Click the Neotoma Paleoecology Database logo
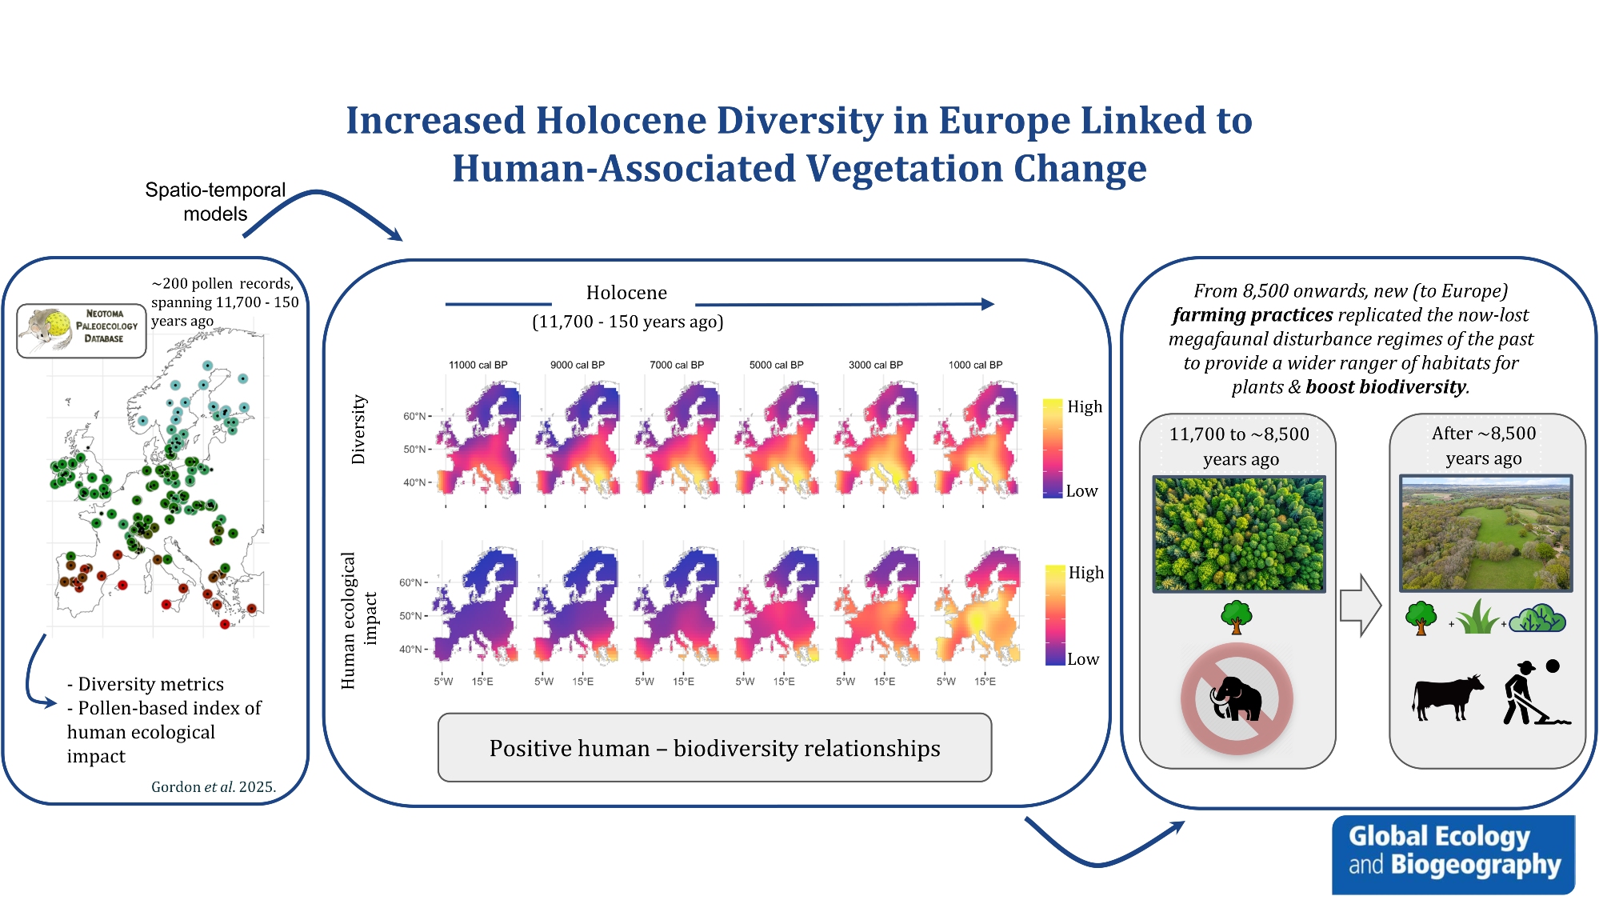[82, 330]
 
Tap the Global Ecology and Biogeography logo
[1453, 854]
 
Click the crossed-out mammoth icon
[1236, 698]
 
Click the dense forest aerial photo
[1239, 534]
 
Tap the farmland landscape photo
[1485, 533]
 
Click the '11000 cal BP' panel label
[478, 365]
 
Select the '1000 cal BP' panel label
[975, 365]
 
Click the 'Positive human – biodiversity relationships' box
[714, 748]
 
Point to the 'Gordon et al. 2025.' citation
[214, 786]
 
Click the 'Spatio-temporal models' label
[215, 202]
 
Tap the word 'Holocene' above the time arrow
[626, 293]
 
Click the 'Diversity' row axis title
[358, 430]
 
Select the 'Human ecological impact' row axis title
[358, 620]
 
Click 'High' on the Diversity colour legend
[1085, 406]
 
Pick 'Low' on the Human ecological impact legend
[1083, 659]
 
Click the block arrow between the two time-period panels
[1360, 606]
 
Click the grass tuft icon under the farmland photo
[1477, 617]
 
